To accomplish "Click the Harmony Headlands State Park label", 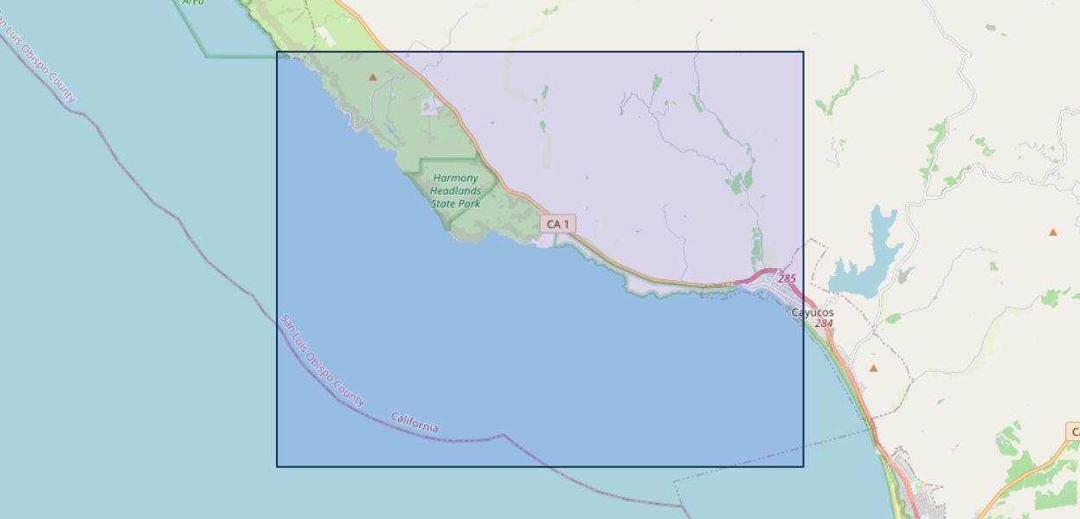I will point(456,191).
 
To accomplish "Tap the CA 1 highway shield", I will point(558,224).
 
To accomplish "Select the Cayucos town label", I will point(813,312).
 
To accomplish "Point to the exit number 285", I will point(787,279).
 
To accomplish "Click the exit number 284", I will point(824,324).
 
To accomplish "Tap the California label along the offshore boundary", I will point(415,423).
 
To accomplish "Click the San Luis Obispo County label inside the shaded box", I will point(322,360).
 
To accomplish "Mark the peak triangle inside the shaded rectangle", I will point(373,77).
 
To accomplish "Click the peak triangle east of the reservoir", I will point(1053,232).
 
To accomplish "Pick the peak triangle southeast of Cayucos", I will point(873,368).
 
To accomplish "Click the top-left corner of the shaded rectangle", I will point(277,52).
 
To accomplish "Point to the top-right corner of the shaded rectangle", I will point(803,52).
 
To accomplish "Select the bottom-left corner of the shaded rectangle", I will point(277,466).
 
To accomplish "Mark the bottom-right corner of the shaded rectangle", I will point(803,466).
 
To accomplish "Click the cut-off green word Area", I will point(193,3).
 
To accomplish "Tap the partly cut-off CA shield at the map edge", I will point(1072,432).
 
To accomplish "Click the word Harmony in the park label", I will point(455,178).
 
